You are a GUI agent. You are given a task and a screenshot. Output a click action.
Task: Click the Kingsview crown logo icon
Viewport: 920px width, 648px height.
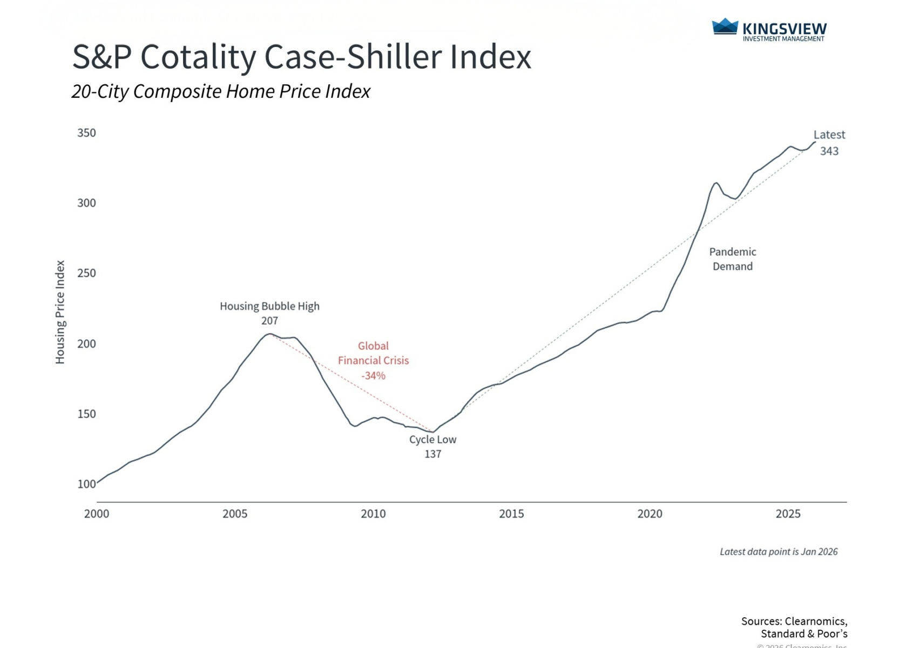(725, 26)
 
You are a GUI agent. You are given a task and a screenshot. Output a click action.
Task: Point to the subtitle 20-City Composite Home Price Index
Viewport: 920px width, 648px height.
(221, 91)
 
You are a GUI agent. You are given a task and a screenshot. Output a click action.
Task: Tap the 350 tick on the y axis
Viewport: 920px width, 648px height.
(86, 133)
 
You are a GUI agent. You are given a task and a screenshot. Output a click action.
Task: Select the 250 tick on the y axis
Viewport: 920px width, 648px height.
(86, 273)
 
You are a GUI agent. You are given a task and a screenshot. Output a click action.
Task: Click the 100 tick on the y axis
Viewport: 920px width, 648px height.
(86, 484)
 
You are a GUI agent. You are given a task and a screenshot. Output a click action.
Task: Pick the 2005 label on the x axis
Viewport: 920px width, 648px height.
(235, 514)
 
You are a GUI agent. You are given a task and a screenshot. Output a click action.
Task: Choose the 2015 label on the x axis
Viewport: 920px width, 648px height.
(511, 514)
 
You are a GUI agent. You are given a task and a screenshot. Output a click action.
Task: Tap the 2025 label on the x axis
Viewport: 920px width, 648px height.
(788, 514)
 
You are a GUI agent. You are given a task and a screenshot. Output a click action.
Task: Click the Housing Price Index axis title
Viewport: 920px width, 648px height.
(60, 312)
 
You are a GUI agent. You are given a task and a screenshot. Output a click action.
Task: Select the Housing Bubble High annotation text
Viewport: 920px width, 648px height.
(269, 306)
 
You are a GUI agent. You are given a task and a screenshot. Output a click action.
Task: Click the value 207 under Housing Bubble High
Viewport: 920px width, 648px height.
(269, 321)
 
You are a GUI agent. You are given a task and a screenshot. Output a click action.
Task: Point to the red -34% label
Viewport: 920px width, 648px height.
(373, 375)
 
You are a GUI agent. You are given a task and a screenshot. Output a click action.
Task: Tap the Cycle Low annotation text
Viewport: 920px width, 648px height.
(432, 440)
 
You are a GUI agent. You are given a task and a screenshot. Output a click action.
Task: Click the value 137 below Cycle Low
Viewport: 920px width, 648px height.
(432, 454)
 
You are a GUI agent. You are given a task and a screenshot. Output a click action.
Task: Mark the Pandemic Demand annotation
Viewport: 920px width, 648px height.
(733, 259)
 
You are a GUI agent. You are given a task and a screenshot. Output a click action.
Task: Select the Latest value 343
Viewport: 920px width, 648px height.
(829, 151)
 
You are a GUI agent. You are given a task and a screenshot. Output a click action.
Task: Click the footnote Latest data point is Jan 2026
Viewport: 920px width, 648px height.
(779, 551)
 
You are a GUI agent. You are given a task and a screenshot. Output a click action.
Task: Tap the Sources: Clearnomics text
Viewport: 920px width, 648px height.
(794, 621)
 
